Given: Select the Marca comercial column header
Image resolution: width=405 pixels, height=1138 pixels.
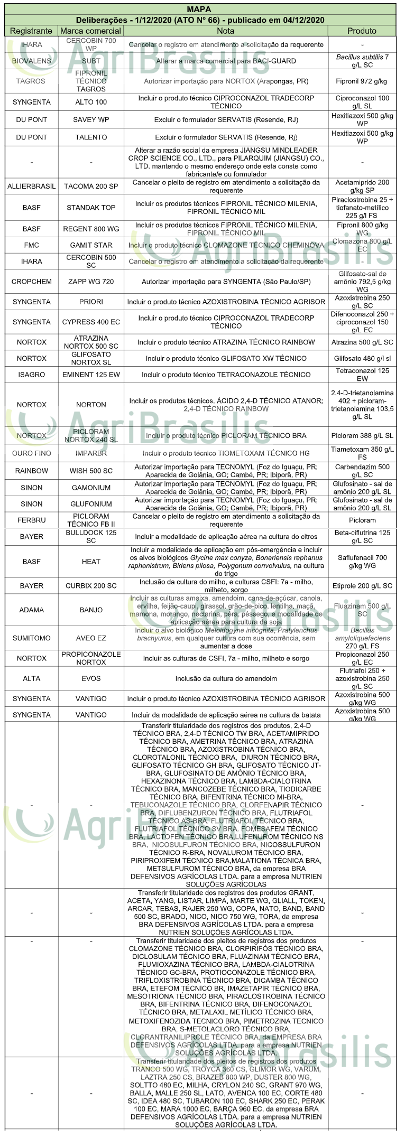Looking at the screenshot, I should tap(90, 31).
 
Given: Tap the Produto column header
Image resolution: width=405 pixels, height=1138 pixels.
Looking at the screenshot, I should tap(362, 31).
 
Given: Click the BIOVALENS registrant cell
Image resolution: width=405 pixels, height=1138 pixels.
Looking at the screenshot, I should tap(31, 61).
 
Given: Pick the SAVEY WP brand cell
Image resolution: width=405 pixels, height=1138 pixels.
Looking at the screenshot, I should tap(91, 119).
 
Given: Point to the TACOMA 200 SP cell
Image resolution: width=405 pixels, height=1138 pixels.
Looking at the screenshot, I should tap(91, 186).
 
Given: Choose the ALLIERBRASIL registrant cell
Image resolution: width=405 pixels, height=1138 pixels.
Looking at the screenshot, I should tap(31, 186).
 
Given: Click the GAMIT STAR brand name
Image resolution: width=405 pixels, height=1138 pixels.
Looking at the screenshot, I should tap(91, 245).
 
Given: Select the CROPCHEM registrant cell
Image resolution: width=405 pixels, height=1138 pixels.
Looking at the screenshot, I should tap(31, 282).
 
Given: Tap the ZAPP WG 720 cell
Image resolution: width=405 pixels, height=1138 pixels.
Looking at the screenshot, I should tap(91, 282).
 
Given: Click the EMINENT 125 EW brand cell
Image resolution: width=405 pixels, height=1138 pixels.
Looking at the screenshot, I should tap(91, 375).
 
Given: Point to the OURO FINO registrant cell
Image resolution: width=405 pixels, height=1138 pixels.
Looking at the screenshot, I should tap(31, 453).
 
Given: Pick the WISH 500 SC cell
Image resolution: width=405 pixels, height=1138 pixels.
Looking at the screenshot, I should tap(91, 471).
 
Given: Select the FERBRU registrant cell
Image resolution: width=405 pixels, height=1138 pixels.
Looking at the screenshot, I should tap(31, 520).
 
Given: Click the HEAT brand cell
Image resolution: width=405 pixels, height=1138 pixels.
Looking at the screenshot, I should tap(91, 561).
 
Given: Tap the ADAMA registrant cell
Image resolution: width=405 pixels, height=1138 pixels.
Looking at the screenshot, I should tap(31, 610).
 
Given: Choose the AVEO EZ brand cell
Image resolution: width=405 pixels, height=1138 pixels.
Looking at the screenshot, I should tap(91, 638).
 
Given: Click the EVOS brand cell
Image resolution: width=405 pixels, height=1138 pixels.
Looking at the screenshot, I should tap(91, 678).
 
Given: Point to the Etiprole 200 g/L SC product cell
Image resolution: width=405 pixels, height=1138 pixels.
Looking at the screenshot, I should tap(362, 585).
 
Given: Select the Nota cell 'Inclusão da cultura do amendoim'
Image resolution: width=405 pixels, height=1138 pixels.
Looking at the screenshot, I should tap(226, 678).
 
